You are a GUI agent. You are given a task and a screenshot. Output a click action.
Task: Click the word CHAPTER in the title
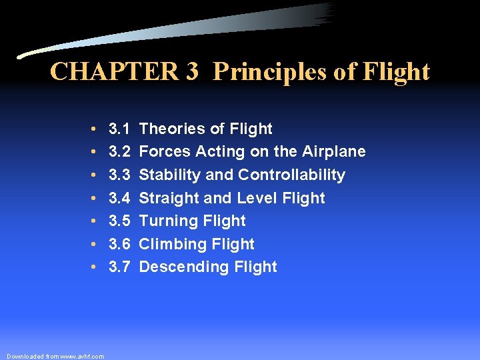(113, 71)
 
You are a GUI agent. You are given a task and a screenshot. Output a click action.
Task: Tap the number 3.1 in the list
(119, 129)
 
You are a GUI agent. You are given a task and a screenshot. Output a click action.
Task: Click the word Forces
(165, 152)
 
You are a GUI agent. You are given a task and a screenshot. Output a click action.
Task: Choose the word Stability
(167, 175)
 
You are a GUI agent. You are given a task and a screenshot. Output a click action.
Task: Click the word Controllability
(292, 175)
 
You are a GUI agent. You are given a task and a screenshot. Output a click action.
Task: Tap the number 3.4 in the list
(119, 198)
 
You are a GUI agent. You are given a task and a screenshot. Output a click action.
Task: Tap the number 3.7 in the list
(119, 267)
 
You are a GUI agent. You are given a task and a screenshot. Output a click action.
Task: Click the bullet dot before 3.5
(96, 221)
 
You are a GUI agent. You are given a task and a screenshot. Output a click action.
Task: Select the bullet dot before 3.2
(96, 152)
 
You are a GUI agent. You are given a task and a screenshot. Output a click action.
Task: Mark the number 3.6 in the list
(119, 244)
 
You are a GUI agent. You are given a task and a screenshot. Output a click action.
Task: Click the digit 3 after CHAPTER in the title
(192, 71)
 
